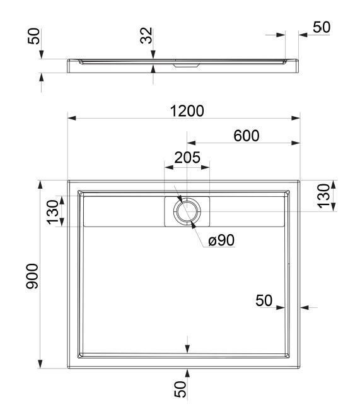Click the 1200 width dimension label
(x=187, y=111)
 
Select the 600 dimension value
(x=247, y=136)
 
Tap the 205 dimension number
(x=187, y=158)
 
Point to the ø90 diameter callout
(x=221, y=240)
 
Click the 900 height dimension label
(x=32, y=276)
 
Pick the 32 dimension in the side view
(x=146, y=35)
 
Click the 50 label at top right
(x=322, y=27)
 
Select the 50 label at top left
(x=34, y=36)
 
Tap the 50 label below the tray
(x=180, y=389)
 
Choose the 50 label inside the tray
(x=264, y=300)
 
